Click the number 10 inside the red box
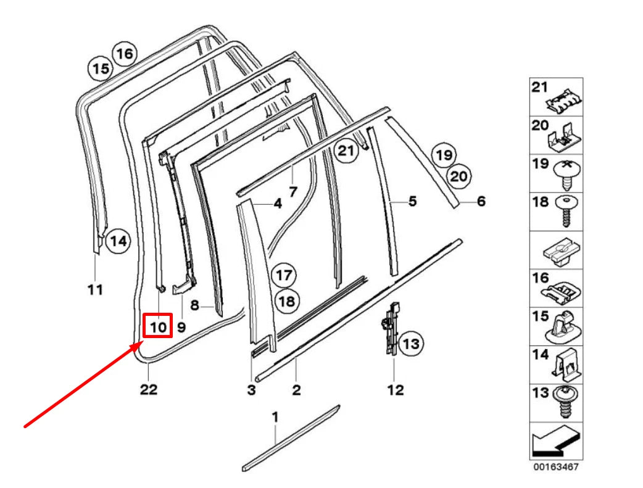(x=157, y=326)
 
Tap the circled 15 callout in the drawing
(x=101, y=68)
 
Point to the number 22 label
(x=149, y=389)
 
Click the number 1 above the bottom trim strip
(x=275, y=418)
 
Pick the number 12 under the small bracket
(x=395, y=389)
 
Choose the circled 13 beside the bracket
(x=411, y=343)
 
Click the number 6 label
(x=481, y=201)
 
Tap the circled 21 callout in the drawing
(x=347, y=151)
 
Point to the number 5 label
(x=412, y=201)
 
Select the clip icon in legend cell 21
(x=566, y=98)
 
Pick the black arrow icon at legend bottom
(x=555, y=441)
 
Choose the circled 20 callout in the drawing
(x=457, y=177)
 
